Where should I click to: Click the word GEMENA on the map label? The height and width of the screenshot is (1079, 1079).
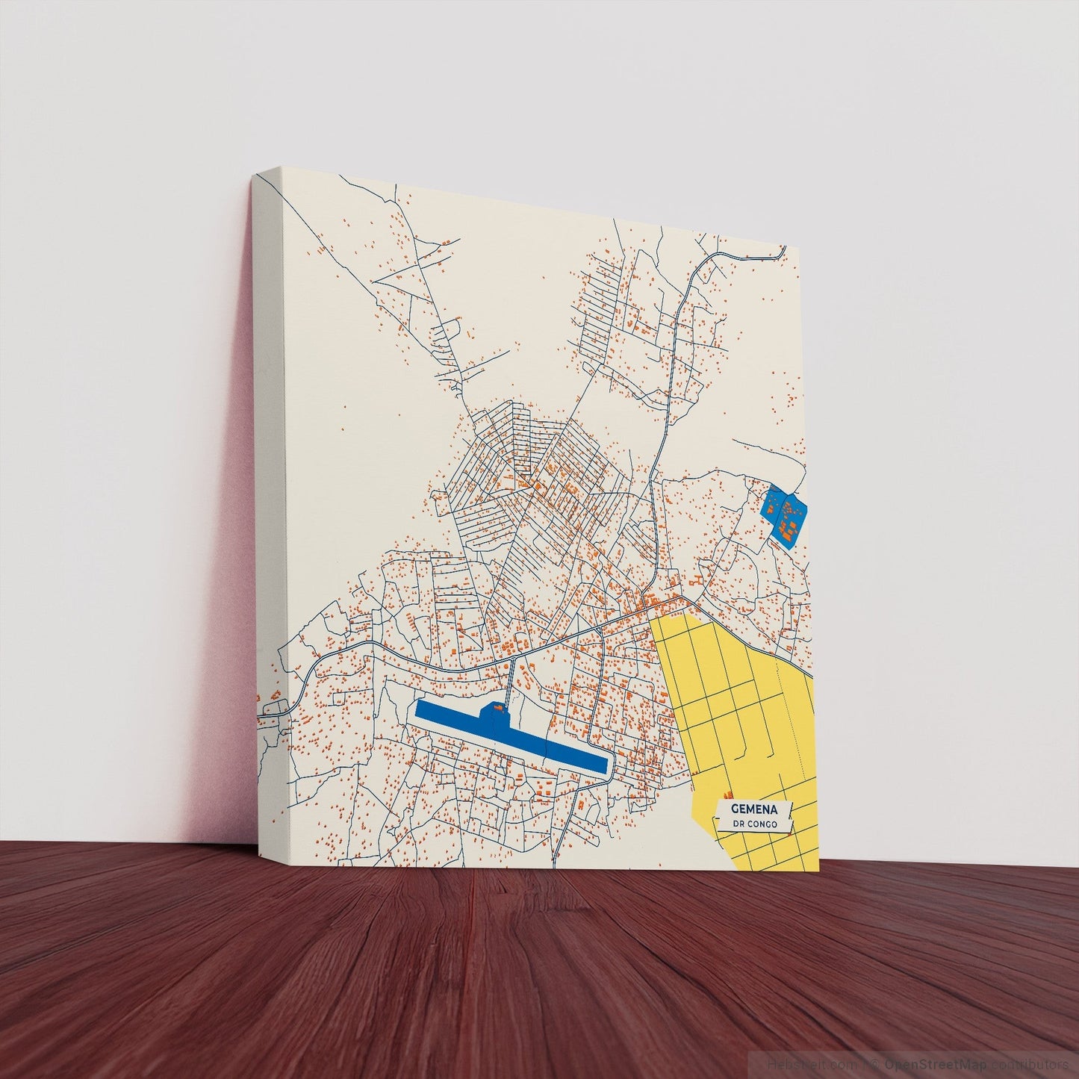[x=754, y=809]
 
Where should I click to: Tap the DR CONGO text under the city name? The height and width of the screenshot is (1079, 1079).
[x=754, y=824]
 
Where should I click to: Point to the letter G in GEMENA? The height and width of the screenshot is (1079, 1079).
[x=736, y=808]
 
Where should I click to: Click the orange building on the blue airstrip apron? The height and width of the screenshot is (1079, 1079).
[x=494, y=706]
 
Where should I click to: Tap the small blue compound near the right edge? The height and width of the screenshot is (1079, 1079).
[x=785, y=514]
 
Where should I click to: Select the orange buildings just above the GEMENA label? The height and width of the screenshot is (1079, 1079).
[x=727, y=795]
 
